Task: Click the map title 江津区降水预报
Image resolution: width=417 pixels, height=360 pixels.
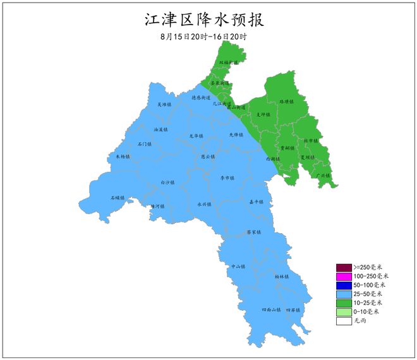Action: point(204,19)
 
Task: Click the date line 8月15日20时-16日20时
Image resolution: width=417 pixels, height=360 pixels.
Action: point(203,37)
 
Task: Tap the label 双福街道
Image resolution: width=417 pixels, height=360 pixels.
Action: point(229,63)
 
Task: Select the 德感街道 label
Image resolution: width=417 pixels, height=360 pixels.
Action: point(201,98)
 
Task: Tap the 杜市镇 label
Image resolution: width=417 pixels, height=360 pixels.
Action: point(311,141)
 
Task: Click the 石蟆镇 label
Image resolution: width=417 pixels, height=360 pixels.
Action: point(118,198)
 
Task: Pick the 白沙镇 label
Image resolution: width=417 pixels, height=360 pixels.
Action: point(167,183)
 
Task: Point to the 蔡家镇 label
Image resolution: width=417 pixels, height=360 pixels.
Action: point(254,232)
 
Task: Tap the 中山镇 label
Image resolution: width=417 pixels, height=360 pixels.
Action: point(238,267)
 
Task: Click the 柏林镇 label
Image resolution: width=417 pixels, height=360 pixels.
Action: point(282,277)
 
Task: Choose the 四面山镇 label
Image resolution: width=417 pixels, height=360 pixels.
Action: point(271,310)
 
